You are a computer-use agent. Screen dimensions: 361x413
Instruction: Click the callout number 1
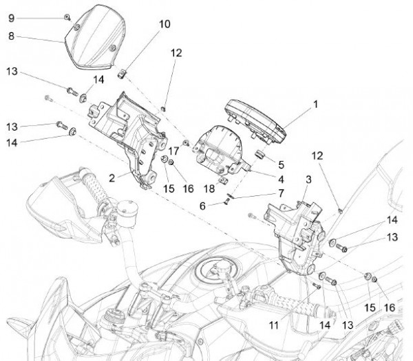tap(315, 105)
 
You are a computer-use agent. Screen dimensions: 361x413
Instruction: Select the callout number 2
tap(112, 177)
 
